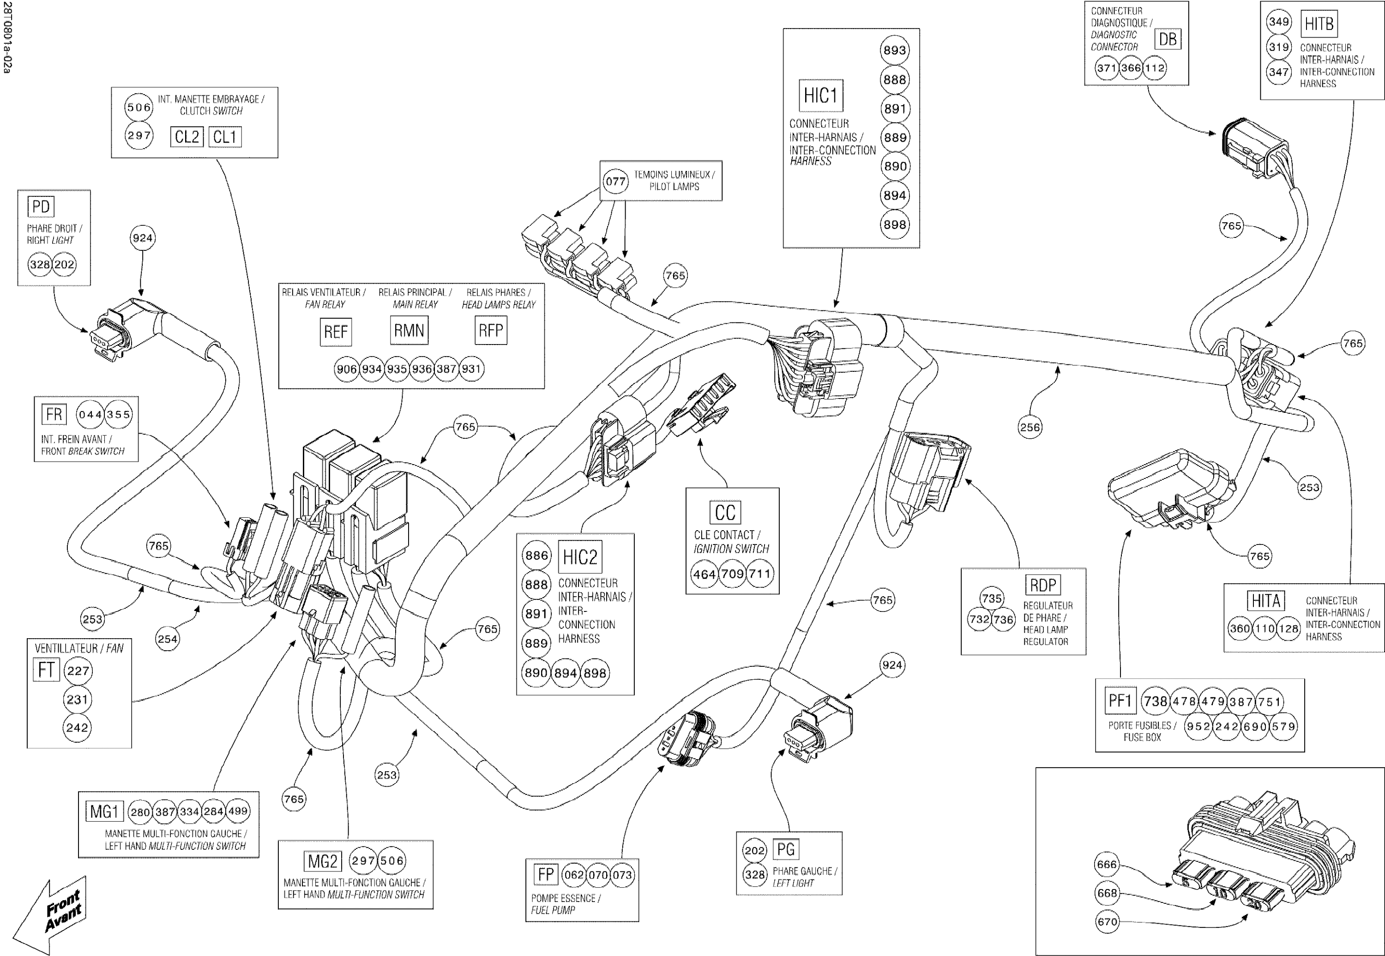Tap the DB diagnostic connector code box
click(1167, 40)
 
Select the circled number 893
click(895, 50)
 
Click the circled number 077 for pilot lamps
click(615, 181)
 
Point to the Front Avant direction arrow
click(51, 913)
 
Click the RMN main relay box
click(409, 331)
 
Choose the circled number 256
click(1030, 427)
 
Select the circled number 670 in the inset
click(1107, 921)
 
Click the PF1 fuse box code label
click(1119, 700)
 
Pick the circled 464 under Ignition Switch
click(704, 574)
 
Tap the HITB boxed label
click(1319, 24)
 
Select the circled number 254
click(167, 639)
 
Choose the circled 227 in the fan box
click(78, 671)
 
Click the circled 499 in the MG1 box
click(238, 811)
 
